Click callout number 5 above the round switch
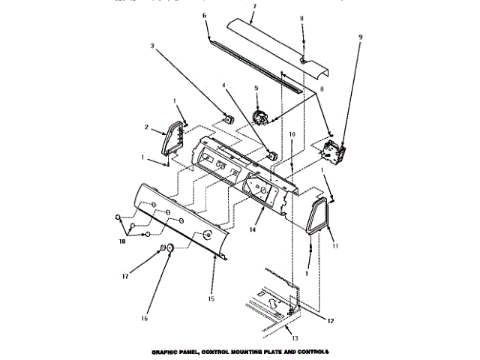[256, 88]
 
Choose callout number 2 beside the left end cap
[147, 129]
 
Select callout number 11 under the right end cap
[335, 246]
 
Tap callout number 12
[330, 320]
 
